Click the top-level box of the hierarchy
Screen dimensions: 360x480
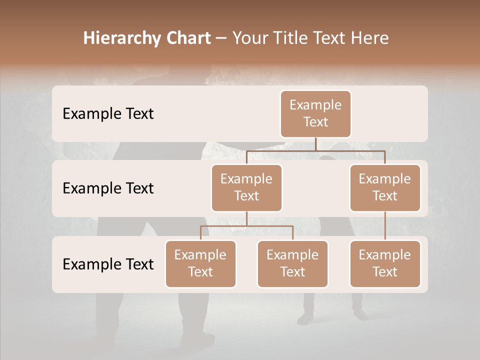[315, 114]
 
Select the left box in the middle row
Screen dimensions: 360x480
[246, 188]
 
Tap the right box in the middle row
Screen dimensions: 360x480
[385, 188]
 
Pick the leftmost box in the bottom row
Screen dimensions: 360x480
[200, 264]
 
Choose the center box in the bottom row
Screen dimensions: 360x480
[292, 264]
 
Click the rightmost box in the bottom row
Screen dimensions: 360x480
[385, 264]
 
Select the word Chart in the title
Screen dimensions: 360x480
[187, 38]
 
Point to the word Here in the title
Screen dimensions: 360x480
[371, 38]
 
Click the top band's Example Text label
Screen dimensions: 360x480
[108, 114]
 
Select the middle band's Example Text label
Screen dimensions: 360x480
[108, 188]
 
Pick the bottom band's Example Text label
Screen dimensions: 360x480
[108, 264]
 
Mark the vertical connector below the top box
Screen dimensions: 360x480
[315, 144]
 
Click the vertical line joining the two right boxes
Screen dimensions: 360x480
[385, 226]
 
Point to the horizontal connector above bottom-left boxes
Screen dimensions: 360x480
[246, 226]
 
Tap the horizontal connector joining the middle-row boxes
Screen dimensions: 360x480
[315, 150]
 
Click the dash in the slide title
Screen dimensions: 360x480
[221, 38]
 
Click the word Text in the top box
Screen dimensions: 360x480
[315, 122]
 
